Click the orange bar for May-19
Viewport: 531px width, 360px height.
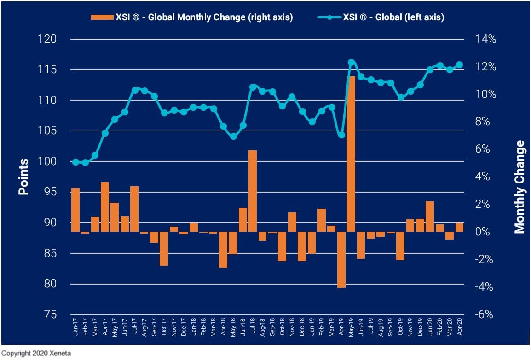[351, 154]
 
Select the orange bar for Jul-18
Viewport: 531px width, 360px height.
[252, 191]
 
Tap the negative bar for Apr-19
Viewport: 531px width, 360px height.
[341, 259]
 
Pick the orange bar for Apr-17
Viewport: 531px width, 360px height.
[105, 207]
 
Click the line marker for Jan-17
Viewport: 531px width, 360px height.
[75, 162]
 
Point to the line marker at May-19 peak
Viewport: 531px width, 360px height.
[351, 63]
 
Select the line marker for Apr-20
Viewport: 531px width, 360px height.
[459, 65]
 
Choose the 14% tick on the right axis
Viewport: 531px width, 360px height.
[486, 39]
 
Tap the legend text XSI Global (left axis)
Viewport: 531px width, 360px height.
[393, 17]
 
